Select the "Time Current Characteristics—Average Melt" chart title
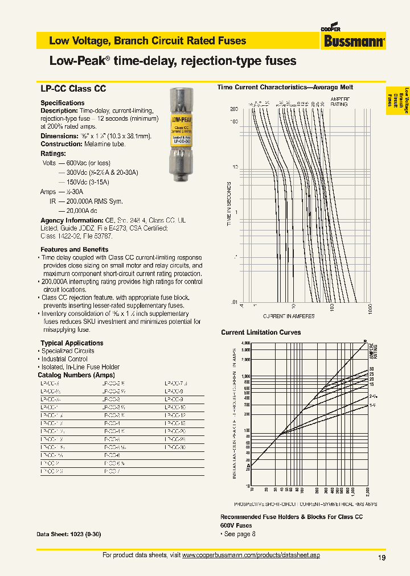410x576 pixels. click(x=285, y=88)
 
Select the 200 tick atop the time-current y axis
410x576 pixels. click(x=233, y=109)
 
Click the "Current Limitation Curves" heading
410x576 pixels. click(x=261, y=332)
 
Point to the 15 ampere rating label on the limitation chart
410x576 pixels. click(x=371, y=384)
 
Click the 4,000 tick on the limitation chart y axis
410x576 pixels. click(x=245, y=343)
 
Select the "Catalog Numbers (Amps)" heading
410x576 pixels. click(x=76, y=375)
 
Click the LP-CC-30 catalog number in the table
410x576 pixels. click(x=175, y=448)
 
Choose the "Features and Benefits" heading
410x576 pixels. click(x=74, y=249)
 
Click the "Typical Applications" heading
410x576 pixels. click(x=72, y=343)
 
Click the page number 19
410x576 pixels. click(x=382, y=558)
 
